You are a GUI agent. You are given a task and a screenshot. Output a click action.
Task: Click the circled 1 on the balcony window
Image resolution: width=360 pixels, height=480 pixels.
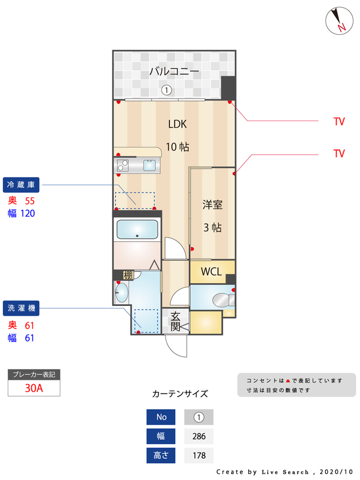pos(166,91)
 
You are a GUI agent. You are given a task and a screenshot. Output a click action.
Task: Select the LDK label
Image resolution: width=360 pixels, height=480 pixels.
pos(178,124)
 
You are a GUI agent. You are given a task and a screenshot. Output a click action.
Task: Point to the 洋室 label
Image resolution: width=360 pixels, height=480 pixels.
pos(212,205)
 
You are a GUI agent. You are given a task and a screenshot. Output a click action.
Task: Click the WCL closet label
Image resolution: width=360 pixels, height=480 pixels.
pos(211,271)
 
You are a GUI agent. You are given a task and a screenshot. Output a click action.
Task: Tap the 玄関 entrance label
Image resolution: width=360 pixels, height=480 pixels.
pos(176,321)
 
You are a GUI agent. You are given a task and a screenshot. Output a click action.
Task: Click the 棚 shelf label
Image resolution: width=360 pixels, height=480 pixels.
pos(127,275)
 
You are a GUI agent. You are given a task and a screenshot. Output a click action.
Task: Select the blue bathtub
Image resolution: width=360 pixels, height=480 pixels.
pos(137,229)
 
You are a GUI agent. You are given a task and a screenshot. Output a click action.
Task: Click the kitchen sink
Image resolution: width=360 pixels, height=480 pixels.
pos(149,165)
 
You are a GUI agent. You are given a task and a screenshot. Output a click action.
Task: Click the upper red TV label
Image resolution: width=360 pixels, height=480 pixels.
pos(339,121)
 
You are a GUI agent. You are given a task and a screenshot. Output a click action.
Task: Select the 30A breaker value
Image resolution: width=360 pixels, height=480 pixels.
pos(34,388)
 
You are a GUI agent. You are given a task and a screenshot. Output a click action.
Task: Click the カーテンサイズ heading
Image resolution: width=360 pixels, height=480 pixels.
pos(180,394)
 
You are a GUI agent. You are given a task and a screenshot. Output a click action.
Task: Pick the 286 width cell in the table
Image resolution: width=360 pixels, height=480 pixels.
pos(199,436)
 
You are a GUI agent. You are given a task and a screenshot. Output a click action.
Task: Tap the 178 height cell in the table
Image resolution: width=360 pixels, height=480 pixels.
pos(199,455)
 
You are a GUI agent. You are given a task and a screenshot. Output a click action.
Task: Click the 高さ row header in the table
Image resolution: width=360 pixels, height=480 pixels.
pos(161,455)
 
